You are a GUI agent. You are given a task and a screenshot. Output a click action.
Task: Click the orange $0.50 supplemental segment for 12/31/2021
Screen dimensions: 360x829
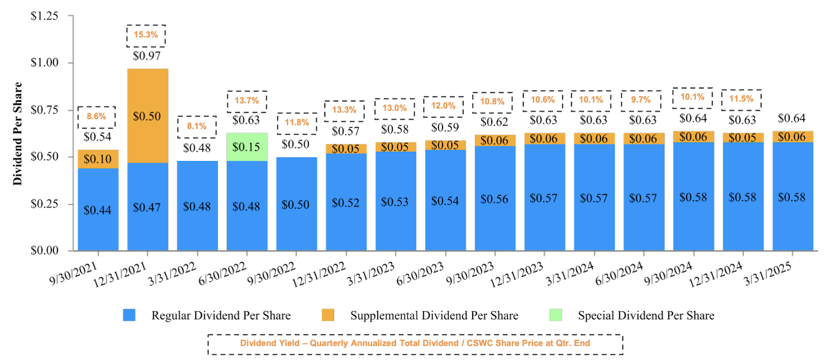pos(148,116)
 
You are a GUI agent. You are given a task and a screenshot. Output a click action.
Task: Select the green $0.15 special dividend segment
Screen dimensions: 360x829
pos(247,147)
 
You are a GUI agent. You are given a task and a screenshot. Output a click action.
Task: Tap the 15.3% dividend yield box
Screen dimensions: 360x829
pos(146,35)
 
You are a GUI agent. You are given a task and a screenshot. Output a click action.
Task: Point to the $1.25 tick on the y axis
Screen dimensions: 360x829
pos(45,16)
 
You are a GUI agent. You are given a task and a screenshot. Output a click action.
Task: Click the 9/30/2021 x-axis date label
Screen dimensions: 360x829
pos(74,273)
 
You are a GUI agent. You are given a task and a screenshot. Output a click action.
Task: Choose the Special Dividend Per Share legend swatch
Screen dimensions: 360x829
pos(556,315)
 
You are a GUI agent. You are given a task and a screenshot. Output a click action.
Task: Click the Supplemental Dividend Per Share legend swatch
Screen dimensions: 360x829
pos(328,315)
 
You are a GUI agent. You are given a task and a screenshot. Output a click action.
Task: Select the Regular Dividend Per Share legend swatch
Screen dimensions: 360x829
pos(129,315)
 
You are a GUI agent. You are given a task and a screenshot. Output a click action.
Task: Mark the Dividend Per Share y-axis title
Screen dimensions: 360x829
pos(18,134)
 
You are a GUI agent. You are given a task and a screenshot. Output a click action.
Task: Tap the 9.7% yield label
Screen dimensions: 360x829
pos(641,100)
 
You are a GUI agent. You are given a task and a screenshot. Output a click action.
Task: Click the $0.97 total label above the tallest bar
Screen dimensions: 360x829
pos(147,56)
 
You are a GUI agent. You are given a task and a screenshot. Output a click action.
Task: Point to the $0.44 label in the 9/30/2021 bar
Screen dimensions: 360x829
pos(97,210)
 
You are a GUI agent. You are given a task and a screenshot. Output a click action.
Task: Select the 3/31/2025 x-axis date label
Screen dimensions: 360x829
pos(768,273)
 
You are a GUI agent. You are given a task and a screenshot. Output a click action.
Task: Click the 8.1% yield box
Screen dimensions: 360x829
pos(197,126)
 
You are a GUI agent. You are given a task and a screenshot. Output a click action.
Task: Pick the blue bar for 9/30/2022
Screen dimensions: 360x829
pos(296,205)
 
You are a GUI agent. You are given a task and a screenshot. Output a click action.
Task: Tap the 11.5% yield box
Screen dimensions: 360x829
pos(741,99)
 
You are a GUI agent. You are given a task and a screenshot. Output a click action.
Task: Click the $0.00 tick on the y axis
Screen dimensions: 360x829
pos(45,251)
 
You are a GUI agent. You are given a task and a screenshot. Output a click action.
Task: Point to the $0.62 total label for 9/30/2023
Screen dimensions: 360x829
pos(494,122)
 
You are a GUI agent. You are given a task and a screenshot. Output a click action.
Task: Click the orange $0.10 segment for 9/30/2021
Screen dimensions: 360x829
pos(98,159)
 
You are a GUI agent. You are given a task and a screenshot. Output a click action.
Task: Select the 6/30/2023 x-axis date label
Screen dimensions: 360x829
pos(420,273)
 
